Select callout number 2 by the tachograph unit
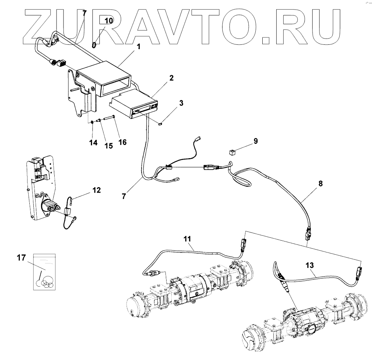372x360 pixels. [x=171, y=78]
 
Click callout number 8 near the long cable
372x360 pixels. [x=321, y=183]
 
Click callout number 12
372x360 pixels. [x=96, y=190]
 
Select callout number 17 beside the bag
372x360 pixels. [x=21, y=258]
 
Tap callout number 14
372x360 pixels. [x=94, y=142]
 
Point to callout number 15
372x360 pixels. [x=108, y=146]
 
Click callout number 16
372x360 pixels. [x=122, y=142]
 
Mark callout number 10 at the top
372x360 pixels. [x=109, y=21]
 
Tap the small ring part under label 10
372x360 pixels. [x=94, y=45]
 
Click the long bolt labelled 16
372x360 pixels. [x=109, y=118]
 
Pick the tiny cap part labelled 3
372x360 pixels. [x=161, y=124]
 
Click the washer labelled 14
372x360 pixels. [x=91, y=122]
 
